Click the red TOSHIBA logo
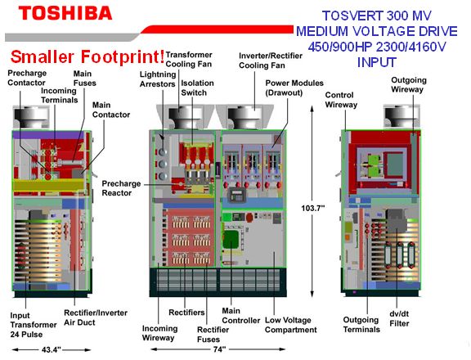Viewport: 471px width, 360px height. pos(65,14)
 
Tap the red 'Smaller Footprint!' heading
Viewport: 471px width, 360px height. pos(87,56)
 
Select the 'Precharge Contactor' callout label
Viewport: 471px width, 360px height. pos(27,78)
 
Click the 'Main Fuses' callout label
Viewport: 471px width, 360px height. pos(85,79)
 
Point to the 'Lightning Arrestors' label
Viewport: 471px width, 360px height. pos(158,79)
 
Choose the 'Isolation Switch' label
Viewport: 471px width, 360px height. pos(197,88)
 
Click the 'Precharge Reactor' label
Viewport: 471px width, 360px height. pos(121,188)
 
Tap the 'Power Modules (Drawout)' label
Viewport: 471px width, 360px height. pos(294,88)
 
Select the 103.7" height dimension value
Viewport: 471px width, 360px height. pos(313,208)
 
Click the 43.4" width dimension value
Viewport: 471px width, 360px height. pos(51,350)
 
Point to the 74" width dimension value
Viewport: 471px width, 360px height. pos(219,349)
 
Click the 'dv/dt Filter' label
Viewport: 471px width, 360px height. pos(399,318)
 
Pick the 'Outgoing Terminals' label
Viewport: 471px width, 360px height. pos(361,325)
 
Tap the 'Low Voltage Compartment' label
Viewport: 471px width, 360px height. pos(291,325)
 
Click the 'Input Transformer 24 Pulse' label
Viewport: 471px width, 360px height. pos(33,325)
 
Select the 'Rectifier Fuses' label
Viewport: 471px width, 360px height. pos(213,335)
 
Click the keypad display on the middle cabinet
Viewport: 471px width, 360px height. pos(236,195)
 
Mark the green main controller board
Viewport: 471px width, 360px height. pos(231,240)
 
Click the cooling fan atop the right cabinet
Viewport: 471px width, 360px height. pos(401,117)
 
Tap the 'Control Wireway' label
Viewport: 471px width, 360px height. pos(341,100)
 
